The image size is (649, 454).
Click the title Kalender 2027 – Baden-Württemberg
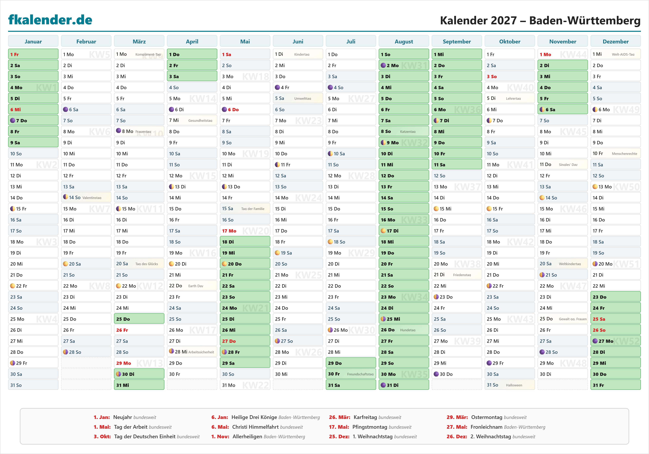point(540,20)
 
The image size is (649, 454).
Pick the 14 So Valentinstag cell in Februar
point(86,197)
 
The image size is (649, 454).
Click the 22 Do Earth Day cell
point(192,286)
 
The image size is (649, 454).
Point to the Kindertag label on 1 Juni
point(302,54)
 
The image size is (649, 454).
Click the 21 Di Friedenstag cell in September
point(457,275)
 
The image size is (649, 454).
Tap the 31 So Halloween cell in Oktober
point(509,385)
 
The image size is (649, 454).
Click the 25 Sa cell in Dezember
point(615,319)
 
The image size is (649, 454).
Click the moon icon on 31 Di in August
point(383,385)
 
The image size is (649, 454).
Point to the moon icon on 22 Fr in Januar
point(13,286)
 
